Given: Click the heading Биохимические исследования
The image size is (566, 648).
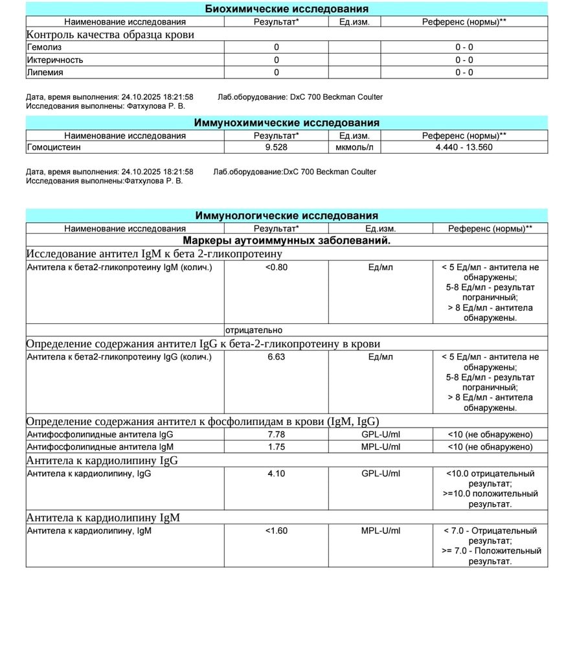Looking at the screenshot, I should (286, 9).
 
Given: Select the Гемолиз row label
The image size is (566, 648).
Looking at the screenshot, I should (45, 47).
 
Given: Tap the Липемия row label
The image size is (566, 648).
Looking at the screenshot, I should (45, 73).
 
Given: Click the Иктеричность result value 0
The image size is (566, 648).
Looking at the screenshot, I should (277, 60).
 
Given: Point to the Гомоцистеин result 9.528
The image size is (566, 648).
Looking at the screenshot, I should (277, 148).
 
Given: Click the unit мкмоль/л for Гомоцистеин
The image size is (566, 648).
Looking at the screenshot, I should (354, 148).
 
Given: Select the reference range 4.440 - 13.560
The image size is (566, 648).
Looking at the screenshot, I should (464, 148).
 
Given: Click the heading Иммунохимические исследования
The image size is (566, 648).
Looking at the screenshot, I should (286, 123).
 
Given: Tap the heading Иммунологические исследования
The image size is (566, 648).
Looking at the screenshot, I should (286, 216).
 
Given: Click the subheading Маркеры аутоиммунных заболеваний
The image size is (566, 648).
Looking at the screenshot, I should (286, 240).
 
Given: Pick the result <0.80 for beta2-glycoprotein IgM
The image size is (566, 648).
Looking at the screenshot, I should (277, 267).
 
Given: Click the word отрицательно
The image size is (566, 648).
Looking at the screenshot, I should (254, 330).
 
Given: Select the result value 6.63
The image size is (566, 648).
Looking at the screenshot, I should (277, 357).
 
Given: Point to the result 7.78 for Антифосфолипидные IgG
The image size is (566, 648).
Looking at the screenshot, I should (277, 435).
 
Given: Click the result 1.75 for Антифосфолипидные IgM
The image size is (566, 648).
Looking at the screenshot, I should (277, 447).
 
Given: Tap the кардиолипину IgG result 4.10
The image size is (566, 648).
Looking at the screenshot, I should (277, 474).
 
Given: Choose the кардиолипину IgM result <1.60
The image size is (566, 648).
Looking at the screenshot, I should (277, 531).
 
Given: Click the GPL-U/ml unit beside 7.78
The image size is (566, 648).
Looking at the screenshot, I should (381, 435).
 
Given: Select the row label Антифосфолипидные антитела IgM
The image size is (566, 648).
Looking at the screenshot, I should (100, 447).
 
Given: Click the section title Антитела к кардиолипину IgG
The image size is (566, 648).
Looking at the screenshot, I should (102, 461).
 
